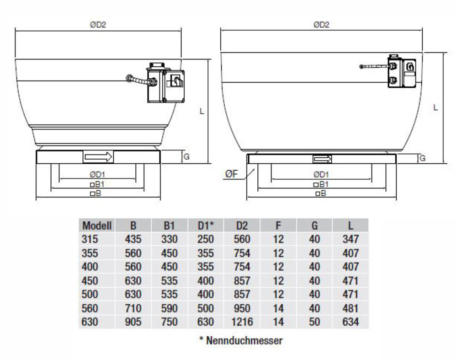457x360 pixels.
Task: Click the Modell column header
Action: coord(96,225)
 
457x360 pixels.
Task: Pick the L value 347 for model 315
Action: coord(351,239)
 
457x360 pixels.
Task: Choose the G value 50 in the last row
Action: coord(314,322)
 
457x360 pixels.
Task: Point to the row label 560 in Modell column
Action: coord(90,308)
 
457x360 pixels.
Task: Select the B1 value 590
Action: coord(169,308)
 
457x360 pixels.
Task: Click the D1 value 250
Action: coord(205,239)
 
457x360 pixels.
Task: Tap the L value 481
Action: coord(351,308)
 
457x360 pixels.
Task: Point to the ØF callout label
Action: coord(231,174)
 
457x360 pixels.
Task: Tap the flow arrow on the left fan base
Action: coord(98,157)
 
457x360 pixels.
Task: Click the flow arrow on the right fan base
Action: coord(323,159)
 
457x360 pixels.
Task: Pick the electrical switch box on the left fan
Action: coord(165,84)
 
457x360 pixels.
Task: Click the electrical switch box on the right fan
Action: coord(402,70)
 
